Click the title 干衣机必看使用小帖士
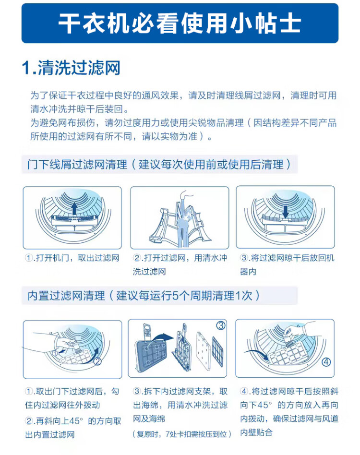[180, 23]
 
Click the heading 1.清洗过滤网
[71, 68]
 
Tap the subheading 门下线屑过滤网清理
[77, 165]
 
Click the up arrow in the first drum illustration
[74, 208]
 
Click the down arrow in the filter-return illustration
[286, 212]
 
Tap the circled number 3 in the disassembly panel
[221, 325]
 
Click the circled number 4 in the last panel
[326, 362]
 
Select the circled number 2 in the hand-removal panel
[97, 361]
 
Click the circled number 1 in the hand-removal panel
[55, 353]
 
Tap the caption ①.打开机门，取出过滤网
[72, 258]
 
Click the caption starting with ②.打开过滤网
[180, 264]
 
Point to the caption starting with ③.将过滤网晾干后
[287, 264]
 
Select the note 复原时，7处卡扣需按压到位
[182, 434]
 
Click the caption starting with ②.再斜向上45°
[73, 428]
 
